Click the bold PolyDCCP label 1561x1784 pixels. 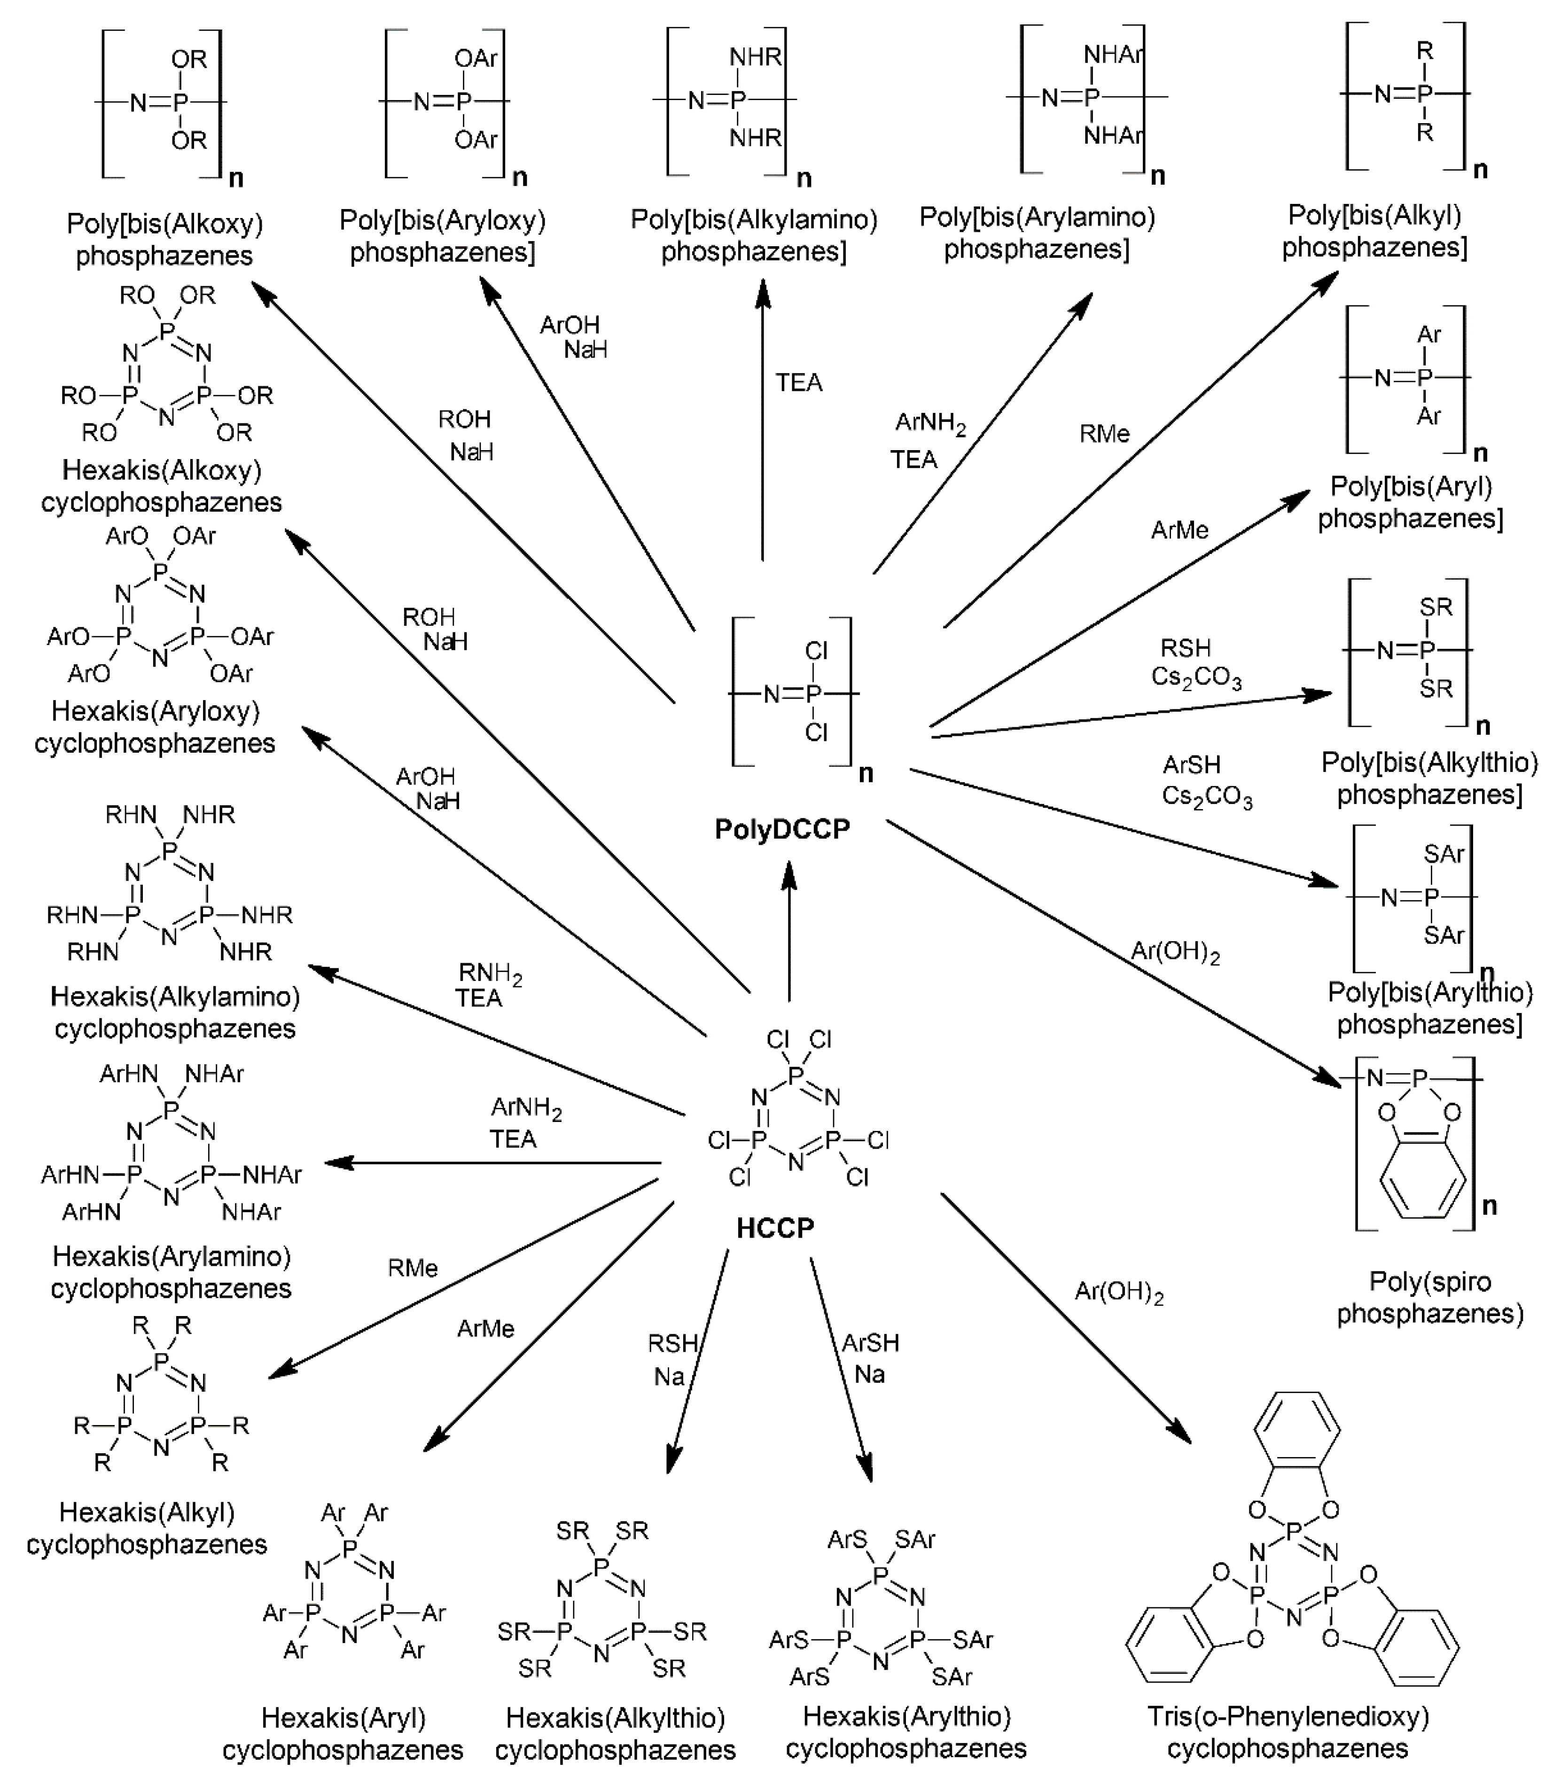(781, 828)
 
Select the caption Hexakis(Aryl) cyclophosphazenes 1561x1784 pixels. (343, 1733)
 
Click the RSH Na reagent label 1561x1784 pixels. (671, 1360)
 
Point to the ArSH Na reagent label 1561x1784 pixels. (869, 1358)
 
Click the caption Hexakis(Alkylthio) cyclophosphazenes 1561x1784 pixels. (615, 1733)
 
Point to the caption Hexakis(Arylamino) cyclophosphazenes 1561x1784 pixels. (171, 1272)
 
